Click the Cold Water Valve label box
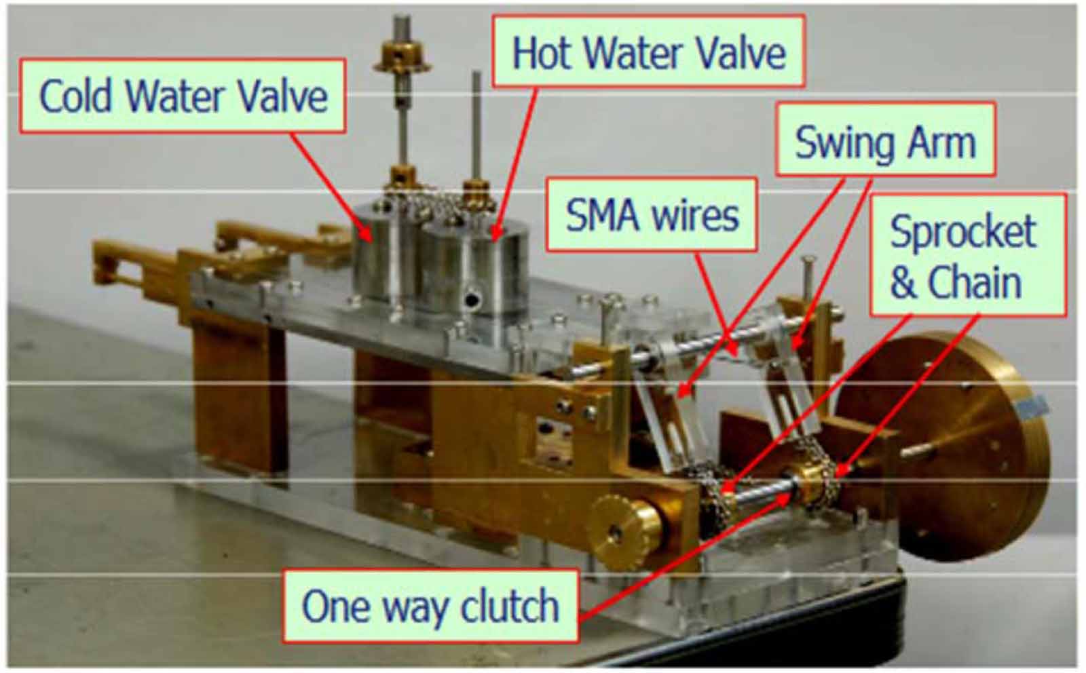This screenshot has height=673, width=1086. pyautogui.click(x=183, y=96)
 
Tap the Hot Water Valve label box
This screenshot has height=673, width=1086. pyautogui.click(x=649, y=51)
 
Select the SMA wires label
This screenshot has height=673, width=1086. pyautogui.click(x=652, y=214)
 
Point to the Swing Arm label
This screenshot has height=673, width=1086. pyautogui.click(x=885, y=139)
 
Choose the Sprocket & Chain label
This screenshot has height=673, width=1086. pyautogui.click(x=968, y=255)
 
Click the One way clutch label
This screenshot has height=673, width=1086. pyautogui.click(x=430, y=606)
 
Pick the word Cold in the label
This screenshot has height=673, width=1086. pyautogui.click(x=75, y=96)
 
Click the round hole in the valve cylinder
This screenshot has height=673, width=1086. pyautogui.click(x=472, y=301)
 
